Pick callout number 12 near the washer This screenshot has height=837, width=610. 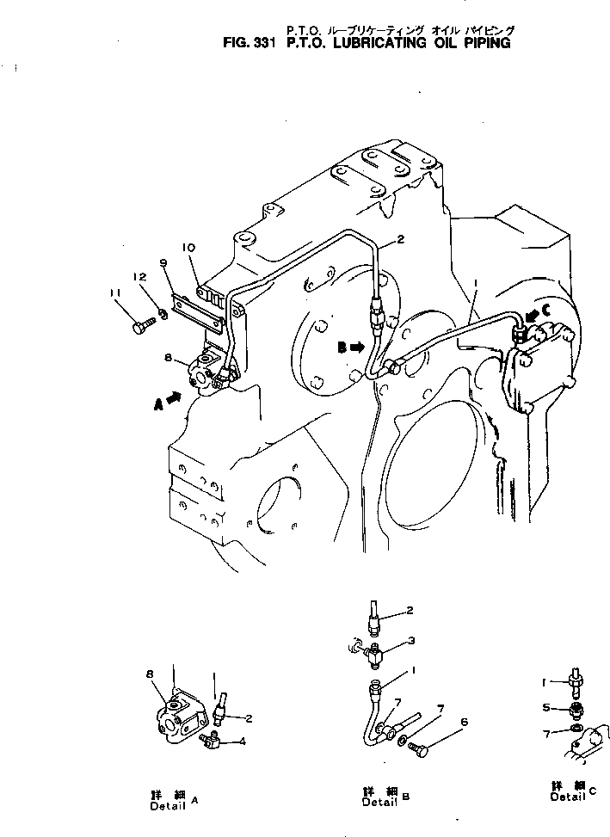point(138,277)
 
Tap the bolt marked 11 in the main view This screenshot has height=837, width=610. point(141,327)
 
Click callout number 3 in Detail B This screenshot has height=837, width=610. point(412,640)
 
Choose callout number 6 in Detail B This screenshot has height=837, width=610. point(465,722)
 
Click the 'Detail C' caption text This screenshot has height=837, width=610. point(572,791)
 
